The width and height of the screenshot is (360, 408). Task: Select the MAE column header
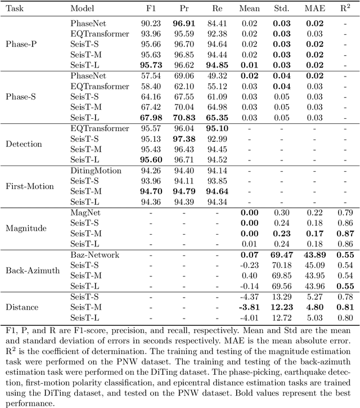(312, 9)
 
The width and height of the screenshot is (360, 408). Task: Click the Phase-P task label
(21, 44)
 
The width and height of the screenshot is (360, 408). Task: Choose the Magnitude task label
(26, 228)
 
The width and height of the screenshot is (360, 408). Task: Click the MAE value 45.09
(312, 266)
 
